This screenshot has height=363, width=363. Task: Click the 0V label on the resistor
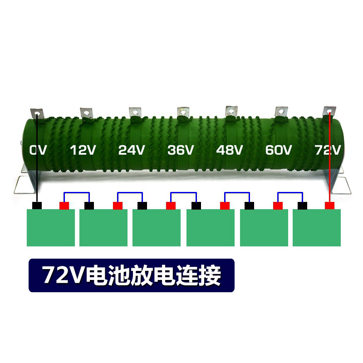[x=38, y=150]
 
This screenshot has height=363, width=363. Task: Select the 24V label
[x=131, y=150]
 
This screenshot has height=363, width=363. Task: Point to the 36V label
[x=181, y=150]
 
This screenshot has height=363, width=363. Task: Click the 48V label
[x=230, y=150]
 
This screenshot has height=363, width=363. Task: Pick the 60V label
[x=279, y=150]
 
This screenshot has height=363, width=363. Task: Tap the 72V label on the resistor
[x=328, y=150]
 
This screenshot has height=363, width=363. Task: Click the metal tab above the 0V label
[x=36, y=113]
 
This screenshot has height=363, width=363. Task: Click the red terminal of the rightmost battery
[x=330, y=206]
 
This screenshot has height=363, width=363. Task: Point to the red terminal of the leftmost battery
[x=64, y=206]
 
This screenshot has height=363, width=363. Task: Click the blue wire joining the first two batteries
[x=77, y=193]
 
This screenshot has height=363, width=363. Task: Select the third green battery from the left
[x=157, y=228]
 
